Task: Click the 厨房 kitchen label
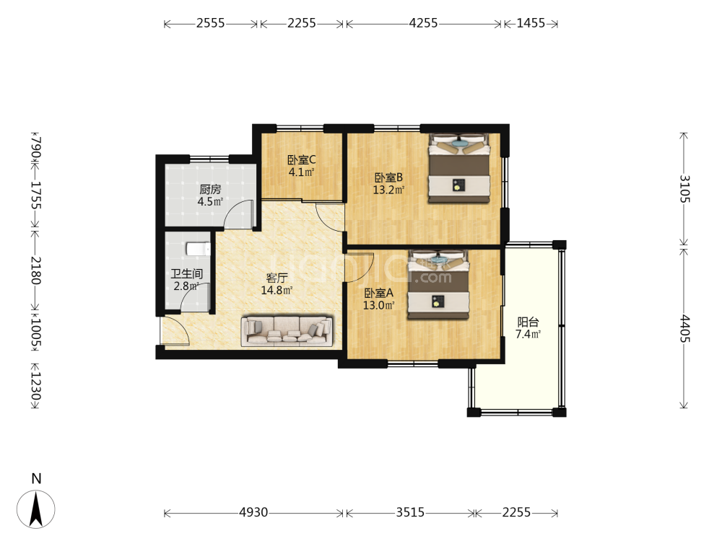[210, 189]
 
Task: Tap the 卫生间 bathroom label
[186, 273]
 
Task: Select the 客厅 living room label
[277, 278]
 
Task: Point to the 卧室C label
[302, 160]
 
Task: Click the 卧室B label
[388, 177]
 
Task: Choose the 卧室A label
[378, 293]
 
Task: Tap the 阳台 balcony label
[529, 322]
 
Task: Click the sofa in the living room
[287, 330]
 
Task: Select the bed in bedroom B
[458, 168]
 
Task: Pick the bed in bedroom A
[438, 284]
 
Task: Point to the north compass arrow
[36, 509]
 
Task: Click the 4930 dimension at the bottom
[253, 512]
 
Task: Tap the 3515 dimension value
[410, 512]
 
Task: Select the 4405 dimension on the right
[684, 328]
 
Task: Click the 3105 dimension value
[684, 188]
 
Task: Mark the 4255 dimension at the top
[423, 23]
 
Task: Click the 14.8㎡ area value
[277, 290]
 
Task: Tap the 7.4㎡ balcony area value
[529, 335]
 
